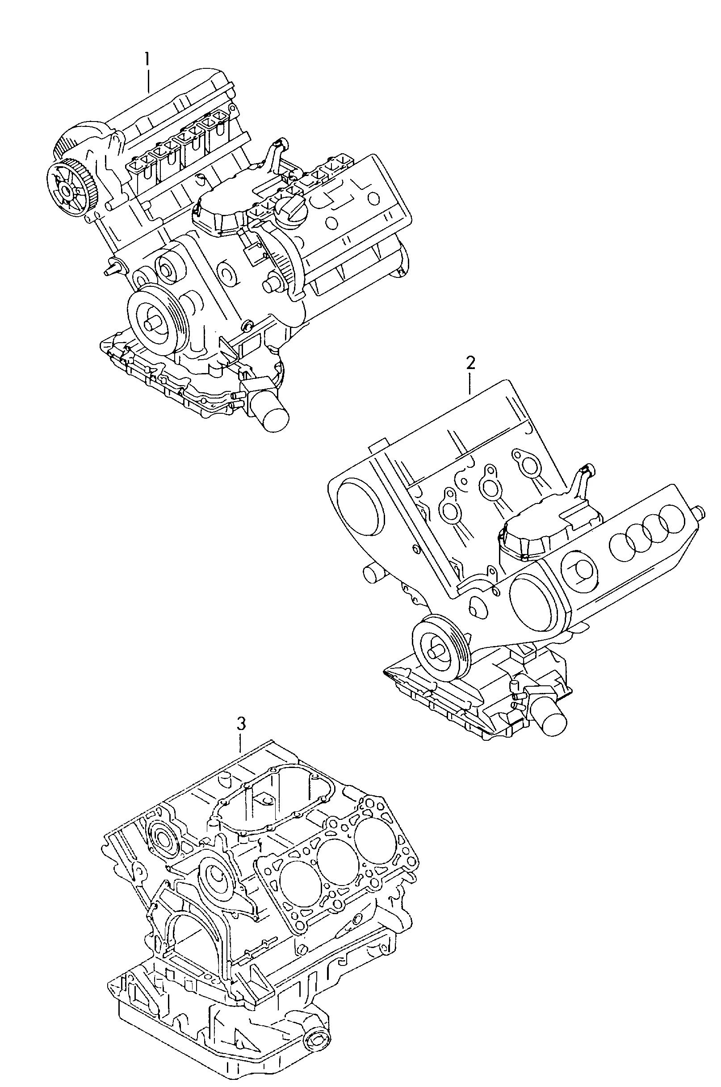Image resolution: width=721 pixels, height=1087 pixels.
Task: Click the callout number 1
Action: click(147, 60)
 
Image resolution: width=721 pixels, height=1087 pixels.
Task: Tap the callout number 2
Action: click(470, 363)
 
